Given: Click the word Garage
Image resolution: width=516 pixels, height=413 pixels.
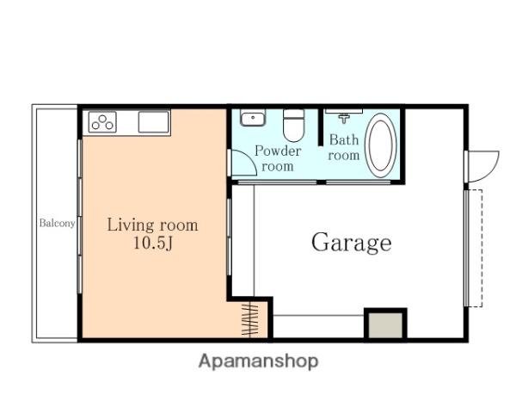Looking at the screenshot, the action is tap(352, 243).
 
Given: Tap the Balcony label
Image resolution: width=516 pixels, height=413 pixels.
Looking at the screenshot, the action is tap(58, 223).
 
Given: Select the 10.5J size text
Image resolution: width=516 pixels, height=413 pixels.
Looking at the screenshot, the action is tap(153, 243).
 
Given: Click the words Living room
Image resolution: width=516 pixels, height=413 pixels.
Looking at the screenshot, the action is tap(153, 225).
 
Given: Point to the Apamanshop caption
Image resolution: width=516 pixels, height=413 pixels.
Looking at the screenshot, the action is tap(258, 361).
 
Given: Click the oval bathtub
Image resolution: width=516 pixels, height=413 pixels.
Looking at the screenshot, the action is tap(380, 145).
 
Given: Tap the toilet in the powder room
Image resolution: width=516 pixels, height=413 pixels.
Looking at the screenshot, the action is tap(293, 125).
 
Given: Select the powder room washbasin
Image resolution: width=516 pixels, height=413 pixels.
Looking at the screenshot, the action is tap(252, 118).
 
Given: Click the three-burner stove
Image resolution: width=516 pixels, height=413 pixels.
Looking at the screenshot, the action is tap(102, 122).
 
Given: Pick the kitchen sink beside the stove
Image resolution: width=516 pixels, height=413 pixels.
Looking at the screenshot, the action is tap(153, 122).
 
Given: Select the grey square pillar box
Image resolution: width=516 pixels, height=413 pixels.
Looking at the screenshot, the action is tap(385, 324).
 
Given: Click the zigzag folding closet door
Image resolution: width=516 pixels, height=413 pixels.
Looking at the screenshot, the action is tap(249, 319).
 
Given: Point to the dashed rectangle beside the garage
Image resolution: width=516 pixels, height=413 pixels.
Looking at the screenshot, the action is tap(475, 249).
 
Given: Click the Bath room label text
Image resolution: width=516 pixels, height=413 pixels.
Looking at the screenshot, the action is tap(343, 147).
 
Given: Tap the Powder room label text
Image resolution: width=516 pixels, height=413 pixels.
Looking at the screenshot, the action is tap(278, 158).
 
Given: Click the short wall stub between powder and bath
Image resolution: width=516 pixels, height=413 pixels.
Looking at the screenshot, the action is tap(321, 126).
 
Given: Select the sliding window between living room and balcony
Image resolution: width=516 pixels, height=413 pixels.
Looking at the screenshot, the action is tap(80, 216).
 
